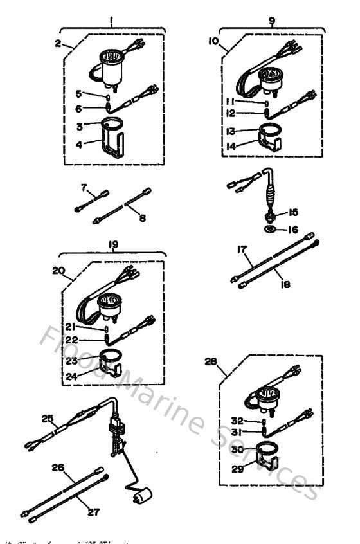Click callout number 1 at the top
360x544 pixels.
coord(111,21)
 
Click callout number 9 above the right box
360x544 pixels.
coord(271,21)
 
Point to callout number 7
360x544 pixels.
coord(84,186)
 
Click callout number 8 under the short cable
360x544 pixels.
coord(142,218)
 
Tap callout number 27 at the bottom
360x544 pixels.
coord(94,512)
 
